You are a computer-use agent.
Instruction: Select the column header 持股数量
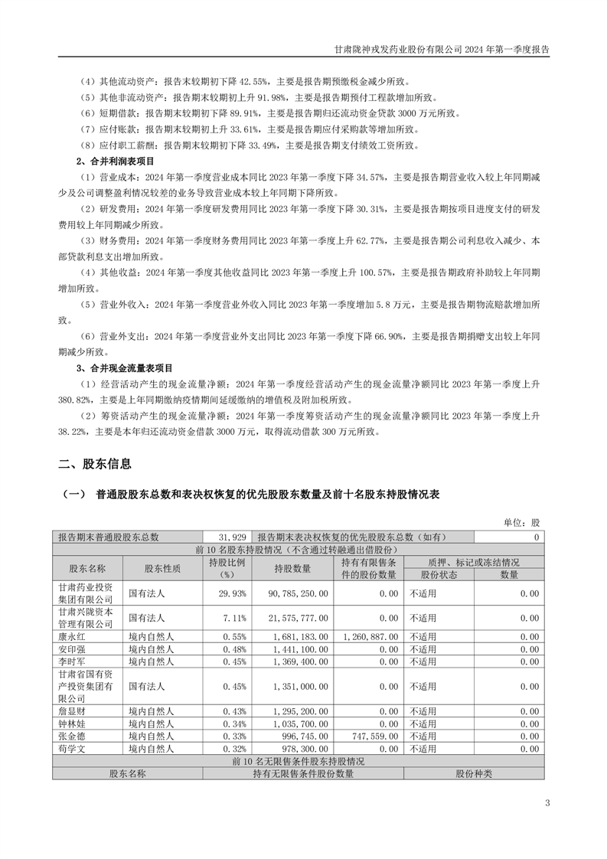(292, 569)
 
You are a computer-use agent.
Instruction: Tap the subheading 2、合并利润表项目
(115, 162)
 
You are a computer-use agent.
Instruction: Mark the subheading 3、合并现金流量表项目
(124, 367)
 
